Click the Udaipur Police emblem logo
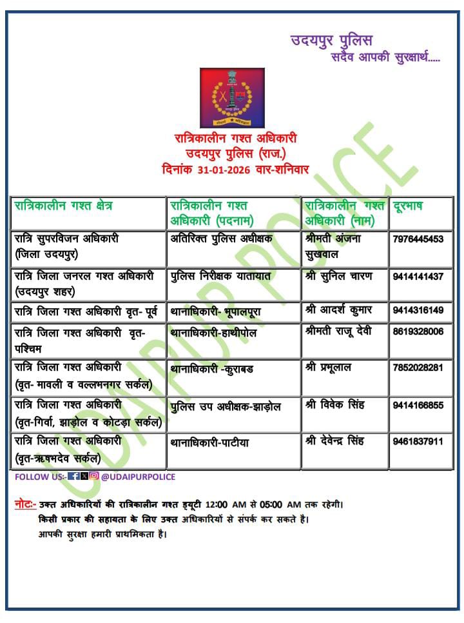point(232,97)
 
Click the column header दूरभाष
point(408,206)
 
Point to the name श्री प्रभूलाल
point(328,368)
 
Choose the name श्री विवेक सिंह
point(334,405)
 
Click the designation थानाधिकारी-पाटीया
point(209,443)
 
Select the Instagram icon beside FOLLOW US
point(94,477)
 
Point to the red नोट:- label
point(25,504)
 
